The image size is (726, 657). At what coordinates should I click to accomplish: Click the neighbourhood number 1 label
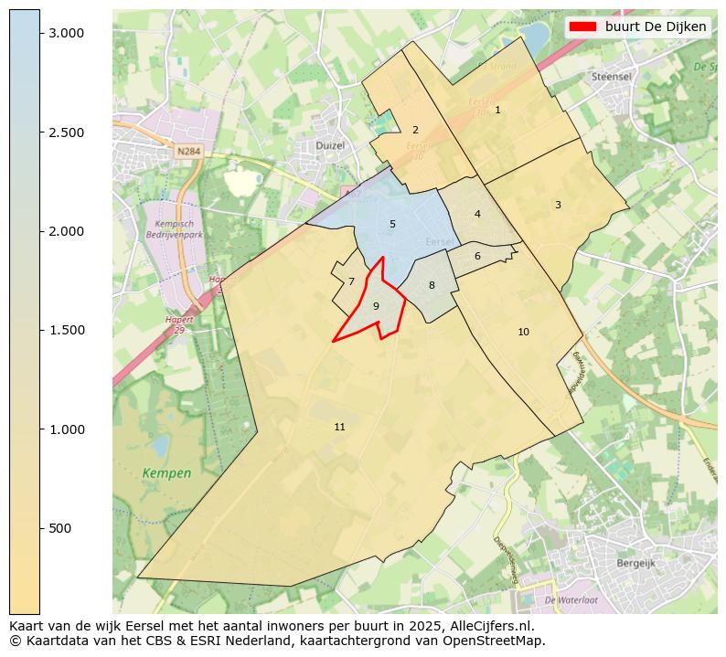(497, 110)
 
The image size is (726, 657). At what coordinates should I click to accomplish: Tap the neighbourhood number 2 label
(415, 130)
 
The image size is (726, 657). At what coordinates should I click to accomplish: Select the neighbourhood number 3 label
(558, 205)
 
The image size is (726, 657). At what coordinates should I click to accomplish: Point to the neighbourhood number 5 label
(392, 224)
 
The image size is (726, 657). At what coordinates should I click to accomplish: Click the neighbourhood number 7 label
(351, 281)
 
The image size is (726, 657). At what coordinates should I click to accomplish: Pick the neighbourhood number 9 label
(376, 306)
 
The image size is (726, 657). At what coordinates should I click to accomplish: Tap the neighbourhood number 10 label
(523, 332)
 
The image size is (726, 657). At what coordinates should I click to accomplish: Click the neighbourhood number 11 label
(340, 427)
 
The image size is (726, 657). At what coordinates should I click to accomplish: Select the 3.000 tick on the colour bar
(66, 33)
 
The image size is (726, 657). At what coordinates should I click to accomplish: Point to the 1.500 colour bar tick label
(66, 330)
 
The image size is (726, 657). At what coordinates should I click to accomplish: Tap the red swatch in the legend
(582, 26)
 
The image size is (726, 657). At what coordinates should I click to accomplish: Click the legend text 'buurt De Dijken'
(656, 26)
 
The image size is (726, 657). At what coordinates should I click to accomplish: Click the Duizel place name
(329, 145)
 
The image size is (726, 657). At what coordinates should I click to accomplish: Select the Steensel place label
(612, 77)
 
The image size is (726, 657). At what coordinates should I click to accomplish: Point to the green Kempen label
(167, 473)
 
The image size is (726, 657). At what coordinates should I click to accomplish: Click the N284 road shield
(188, 152)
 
